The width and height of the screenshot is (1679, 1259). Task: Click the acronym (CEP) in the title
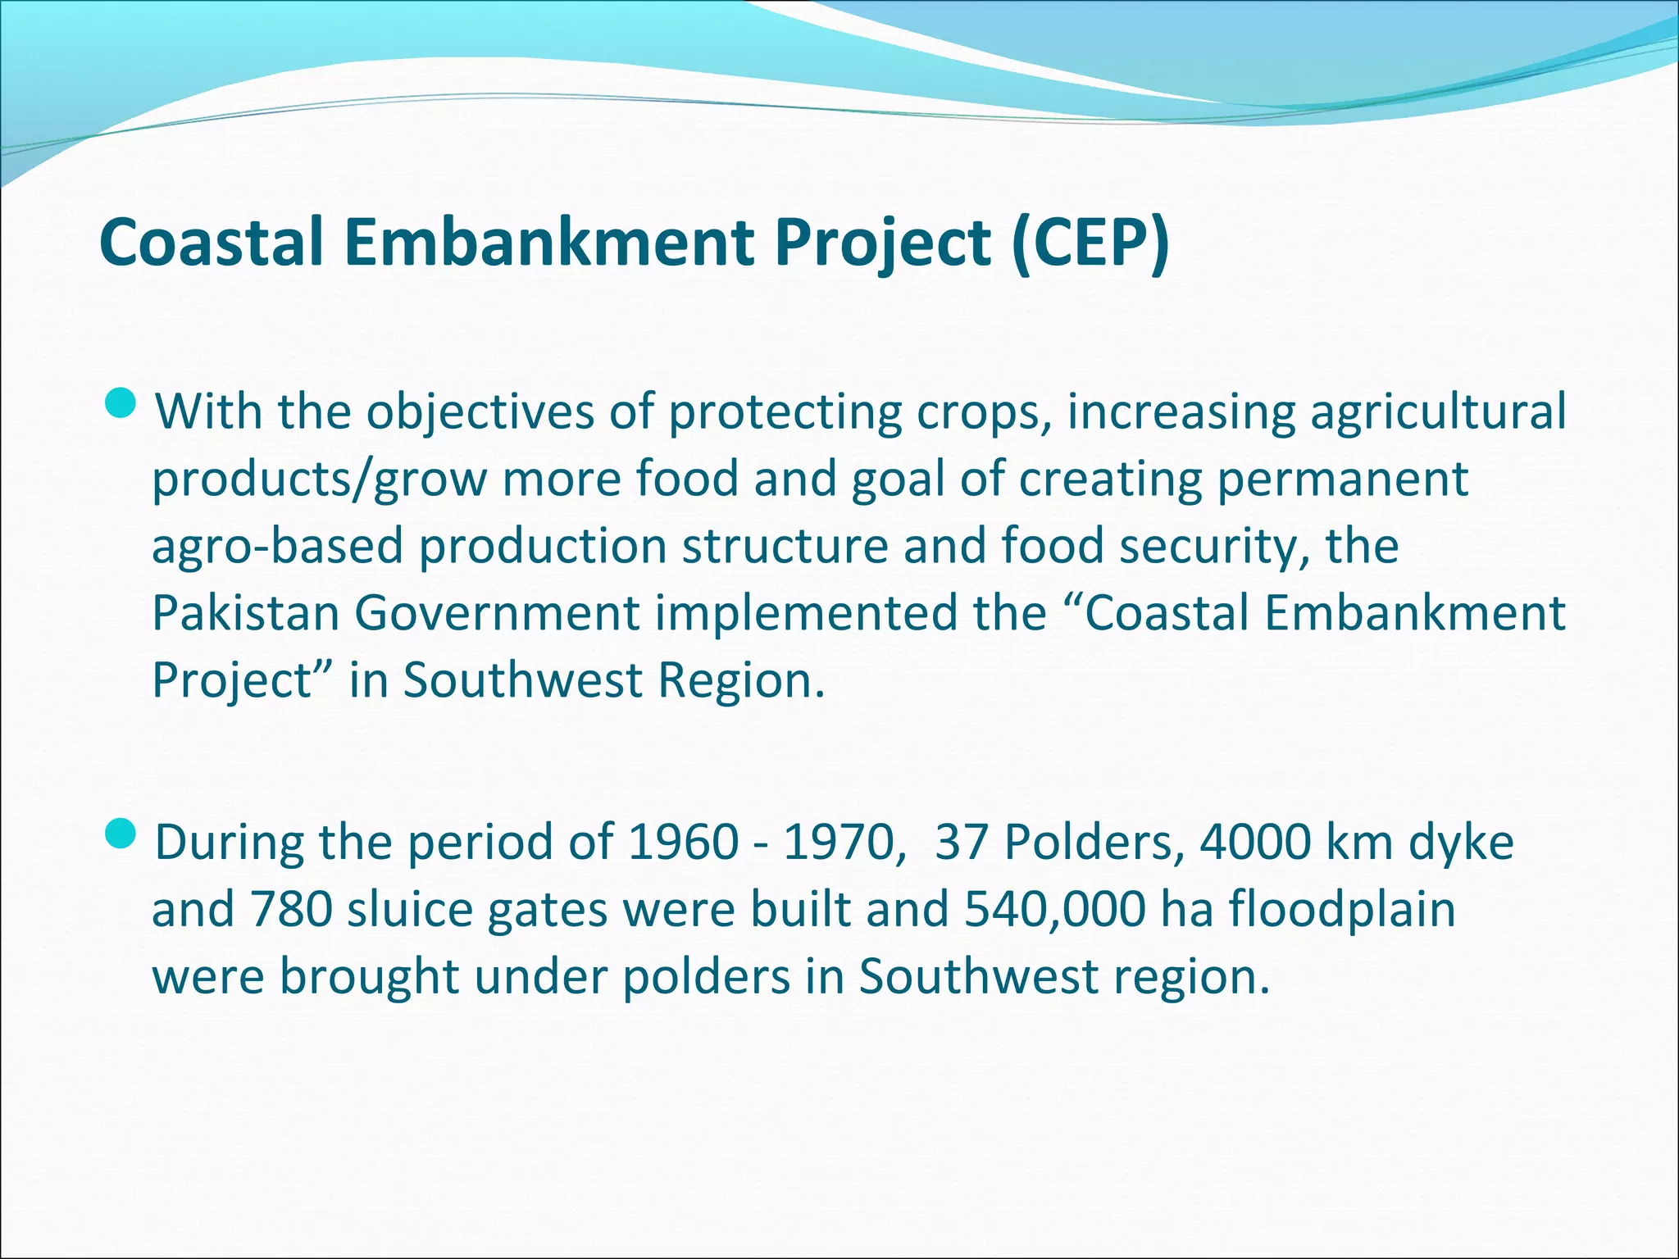(1090, 243)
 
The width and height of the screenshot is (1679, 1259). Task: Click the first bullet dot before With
(122, 403)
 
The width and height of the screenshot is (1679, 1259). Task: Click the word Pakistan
(246, 613)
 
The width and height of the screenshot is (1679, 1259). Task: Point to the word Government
(497, 613)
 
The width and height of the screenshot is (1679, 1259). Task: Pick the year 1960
(684, 843)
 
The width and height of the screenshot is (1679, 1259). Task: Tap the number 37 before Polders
(962, 843)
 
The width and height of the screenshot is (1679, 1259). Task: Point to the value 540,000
(1054, 910)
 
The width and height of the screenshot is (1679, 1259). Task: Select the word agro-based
(278, 547)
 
